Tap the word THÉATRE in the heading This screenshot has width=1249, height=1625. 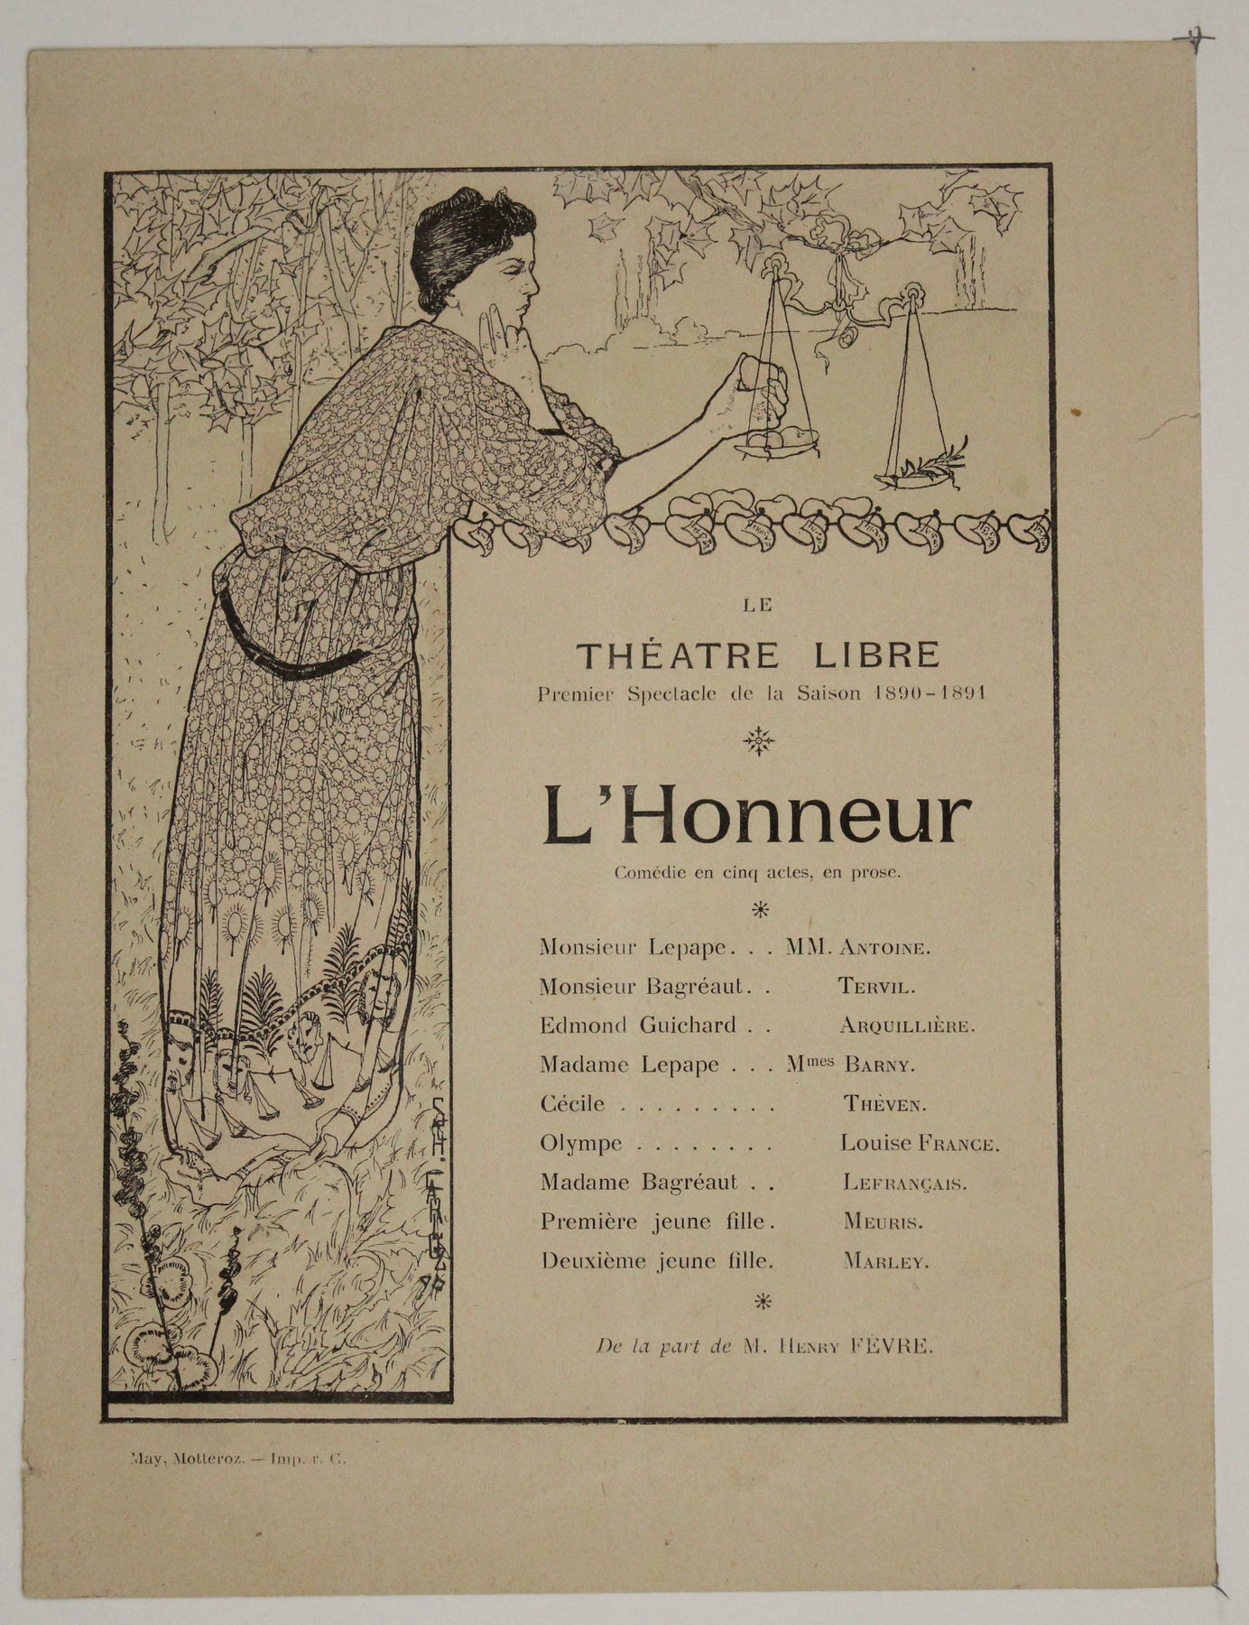678,655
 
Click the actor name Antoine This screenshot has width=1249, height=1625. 884,948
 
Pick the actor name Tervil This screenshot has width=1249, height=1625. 876,987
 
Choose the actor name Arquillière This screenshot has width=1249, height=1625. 907,1026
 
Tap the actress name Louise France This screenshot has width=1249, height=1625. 920,1144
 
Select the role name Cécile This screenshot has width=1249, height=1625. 572,1103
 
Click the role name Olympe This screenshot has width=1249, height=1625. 581,1144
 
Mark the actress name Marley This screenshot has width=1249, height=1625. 885,1263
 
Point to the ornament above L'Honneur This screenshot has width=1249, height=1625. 758,742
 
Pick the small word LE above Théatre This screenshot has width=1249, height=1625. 758,607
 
